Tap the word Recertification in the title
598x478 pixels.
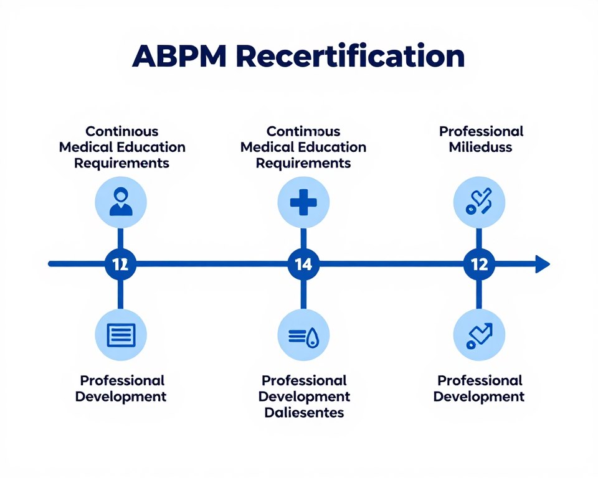[351, 57]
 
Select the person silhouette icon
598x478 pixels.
[120, 202]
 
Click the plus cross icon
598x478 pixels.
[303, 202]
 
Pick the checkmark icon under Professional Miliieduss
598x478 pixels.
[479, 202]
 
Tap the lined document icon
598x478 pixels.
[120, 335]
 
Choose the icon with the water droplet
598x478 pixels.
[303, 335]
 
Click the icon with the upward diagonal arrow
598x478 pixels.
[479, 335]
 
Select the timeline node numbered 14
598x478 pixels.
[303, 264]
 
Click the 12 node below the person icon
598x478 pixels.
[120, 264]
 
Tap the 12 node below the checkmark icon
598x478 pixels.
[479, 264]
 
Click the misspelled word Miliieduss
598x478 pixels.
[481, 148]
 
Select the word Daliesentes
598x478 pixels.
[304, 412]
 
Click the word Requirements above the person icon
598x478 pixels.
[121, 163]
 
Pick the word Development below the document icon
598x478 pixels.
[121, 396]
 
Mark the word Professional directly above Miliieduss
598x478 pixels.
[481, 131]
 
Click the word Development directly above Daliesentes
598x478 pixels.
[304, 396]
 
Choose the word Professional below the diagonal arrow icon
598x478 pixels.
[480, 380]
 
